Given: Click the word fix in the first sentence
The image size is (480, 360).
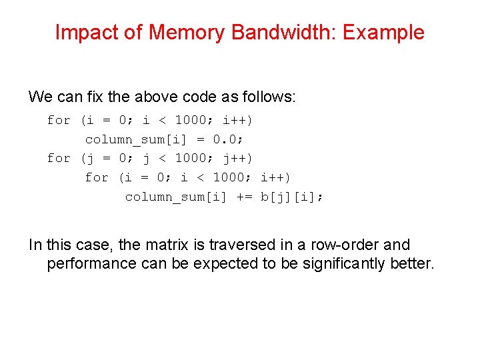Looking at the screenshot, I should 95,97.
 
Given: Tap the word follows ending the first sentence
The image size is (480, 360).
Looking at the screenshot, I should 266,97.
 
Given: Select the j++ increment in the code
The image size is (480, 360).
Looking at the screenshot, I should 237,159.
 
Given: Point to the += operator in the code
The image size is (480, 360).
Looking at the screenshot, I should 244,197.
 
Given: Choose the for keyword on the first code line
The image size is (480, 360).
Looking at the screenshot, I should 59,121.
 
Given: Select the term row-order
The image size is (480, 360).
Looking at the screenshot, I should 307,245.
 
